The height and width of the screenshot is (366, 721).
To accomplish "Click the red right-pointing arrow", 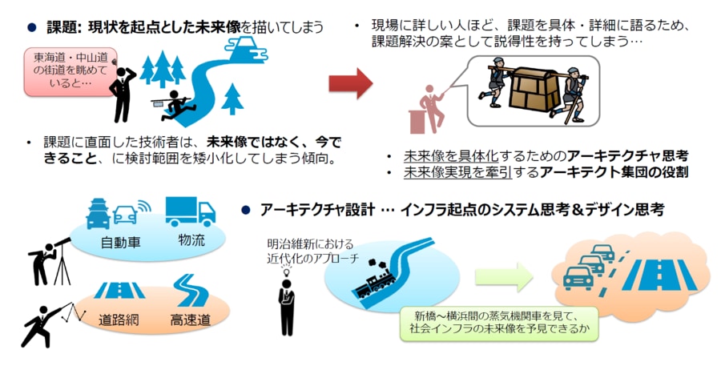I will pyautogui.click(x=350, y=83).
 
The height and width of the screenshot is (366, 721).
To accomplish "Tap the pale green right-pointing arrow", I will pyautogui.click(x=503, y=277).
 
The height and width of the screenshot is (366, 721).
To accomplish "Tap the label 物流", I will pyautogui.click(x=190, y=240).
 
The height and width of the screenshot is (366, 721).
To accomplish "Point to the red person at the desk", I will pyautogui.click(x=429, y=108).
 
